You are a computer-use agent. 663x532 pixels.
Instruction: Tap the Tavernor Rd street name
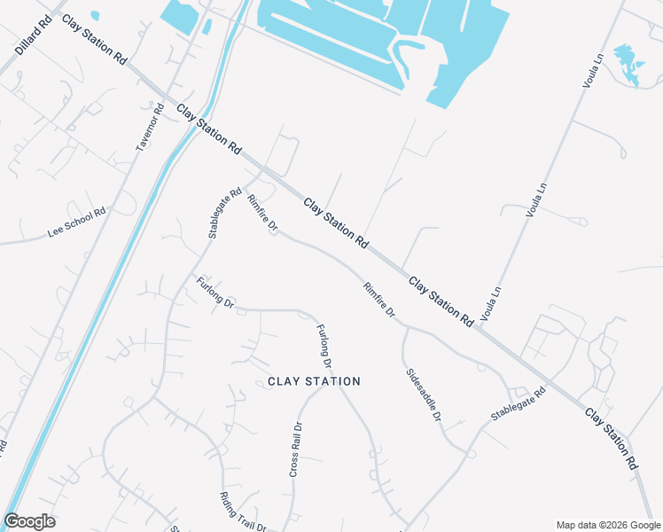point(151,128)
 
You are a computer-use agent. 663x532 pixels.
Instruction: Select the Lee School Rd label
point(76,223)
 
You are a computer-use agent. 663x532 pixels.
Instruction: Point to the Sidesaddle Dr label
point(423,395)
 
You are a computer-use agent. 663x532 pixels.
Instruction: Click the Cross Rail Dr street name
point(297,449)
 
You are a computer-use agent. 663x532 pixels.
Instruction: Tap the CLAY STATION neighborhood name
point(314,381)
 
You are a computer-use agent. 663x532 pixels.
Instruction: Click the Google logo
point(29,521)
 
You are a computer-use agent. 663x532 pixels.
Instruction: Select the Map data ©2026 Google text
point(608,525)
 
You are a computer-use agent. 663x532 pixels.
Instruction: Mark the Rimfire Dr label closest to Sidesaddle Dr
point(378,301)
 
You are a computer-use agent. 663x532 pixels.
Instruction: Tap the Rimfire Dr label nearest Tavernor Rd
point(262,215)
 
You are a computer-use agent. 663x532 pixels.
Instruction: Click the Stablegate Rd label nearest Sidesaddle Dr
point(519,403)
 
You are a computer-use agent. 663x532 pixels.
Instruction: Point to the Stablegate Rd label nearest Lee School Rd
point(224,213)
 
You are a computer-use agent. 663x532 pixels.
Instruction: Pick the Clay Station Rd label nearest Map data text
point(612,437)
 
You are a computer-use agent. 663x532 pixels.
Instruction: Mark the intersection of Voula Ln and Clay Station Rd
point(480,329)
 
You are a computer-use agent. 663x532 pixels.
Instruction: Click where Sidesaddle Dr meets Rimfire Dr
point(405,325)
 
